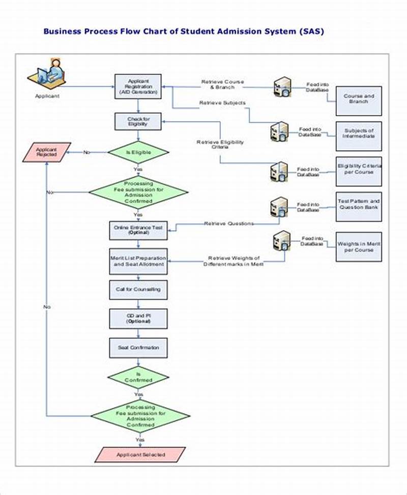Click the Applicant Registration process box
point(138,87)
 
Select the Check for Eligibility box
point(138,121)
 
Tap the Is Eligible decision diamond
point(138,152)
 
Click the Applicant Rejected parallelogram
point(46,152)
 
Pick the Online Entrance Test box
point(138,230)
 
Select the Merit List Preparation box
point(138,261)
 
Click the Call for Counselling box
point(138,289)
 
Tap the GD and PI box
point(138,318)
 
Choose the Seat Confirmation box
point(138,348)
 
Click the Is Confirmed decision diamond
point(138,377)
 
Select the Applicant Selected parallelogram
point(140,454)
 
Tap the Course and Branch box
point(359,99)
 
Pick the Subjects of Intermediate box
point(359,134)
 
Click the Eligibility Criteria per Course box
point(359,170)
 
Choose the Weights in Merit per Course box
point(359,246)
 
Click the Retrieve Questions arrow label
point(228,224)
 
